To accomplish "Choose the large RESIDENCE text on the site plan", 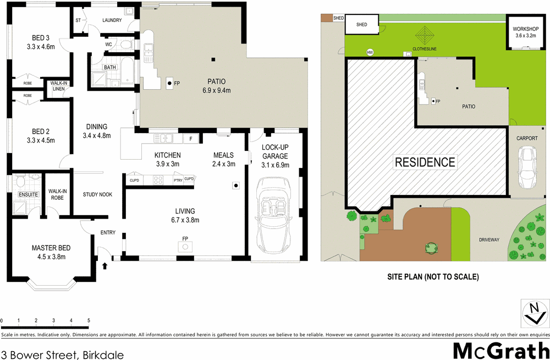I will [x=425, y=162].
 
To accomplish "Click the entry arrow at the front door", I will [x=105, y=266].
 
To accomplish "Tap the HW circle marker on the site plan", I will [x=370, y=52].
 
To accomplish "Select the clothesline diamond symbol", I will [x=424, y=37].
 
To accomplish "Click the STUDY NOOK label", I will [x=98, y=194].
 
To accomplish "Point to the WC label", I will [x=108, y=45].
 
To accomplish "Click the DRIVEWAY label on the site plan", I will [x=489, y=240].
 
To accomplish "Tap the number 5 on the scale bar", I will [x=89, y=320].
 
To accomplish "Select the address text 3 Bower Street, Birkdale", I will [x=62, y=354].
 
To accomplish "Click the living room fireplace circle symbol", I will [x=185, y=247].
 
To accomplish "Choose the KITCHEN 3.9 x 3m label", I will [x=168, y=160].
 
